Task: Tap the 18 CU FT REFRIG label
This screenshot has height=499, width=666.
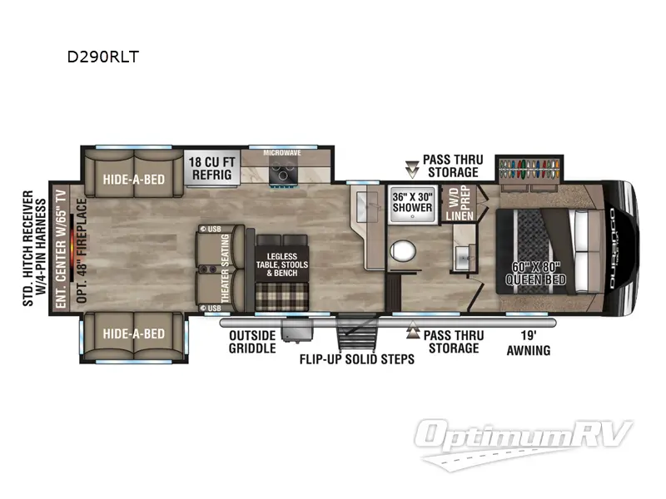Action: pos(211,169)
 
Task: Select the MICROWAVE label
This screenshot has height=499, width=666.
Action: pos(283,154)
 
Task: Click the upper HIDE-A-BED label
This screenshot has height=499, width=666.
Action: pos(132,179)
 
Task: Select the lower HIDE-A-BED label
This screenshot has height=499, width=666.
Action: pos(132,333)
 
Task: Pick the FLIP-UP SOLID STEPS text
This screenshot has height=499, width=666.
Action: pos(357,360)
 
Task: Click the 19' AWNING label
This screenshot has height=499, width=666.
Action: pos(529,343)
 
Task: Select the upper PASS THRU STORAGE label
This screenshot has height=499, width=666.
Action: pos(450,166)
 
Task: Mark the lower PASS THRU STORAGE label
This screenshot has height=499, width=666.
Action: pos(450,342)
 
